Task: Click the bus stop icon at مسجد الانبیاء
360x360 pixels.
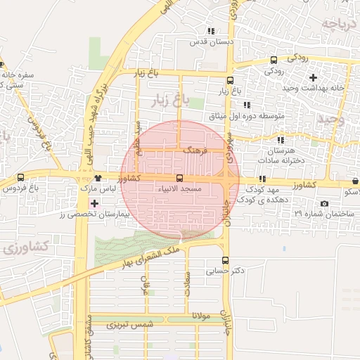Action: (x=179, y=179)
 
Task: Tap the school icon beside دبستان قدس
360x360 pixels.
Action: (x=210, y=31)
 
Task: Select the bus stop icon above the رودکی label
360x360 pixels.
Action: (x=274, y=60)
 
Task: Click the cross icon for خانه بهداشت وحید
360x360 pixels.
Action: (x=313, y=77)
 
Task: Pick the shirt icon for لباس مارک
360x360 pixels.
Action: (x=96, y=179)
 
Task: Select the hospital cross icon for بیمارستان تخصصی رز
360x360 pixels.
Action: (x=95, y=203)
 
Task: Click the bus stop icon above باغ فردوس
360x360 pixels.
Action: (x=20, y=178)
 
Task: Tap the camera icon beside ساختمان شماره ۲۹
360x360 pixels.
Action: (x=323, y=204)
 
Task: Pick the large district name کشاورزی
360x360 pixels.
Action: (x=25, y=247)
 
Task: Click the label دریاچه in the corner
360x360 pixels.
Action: (x=342, y=25)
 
